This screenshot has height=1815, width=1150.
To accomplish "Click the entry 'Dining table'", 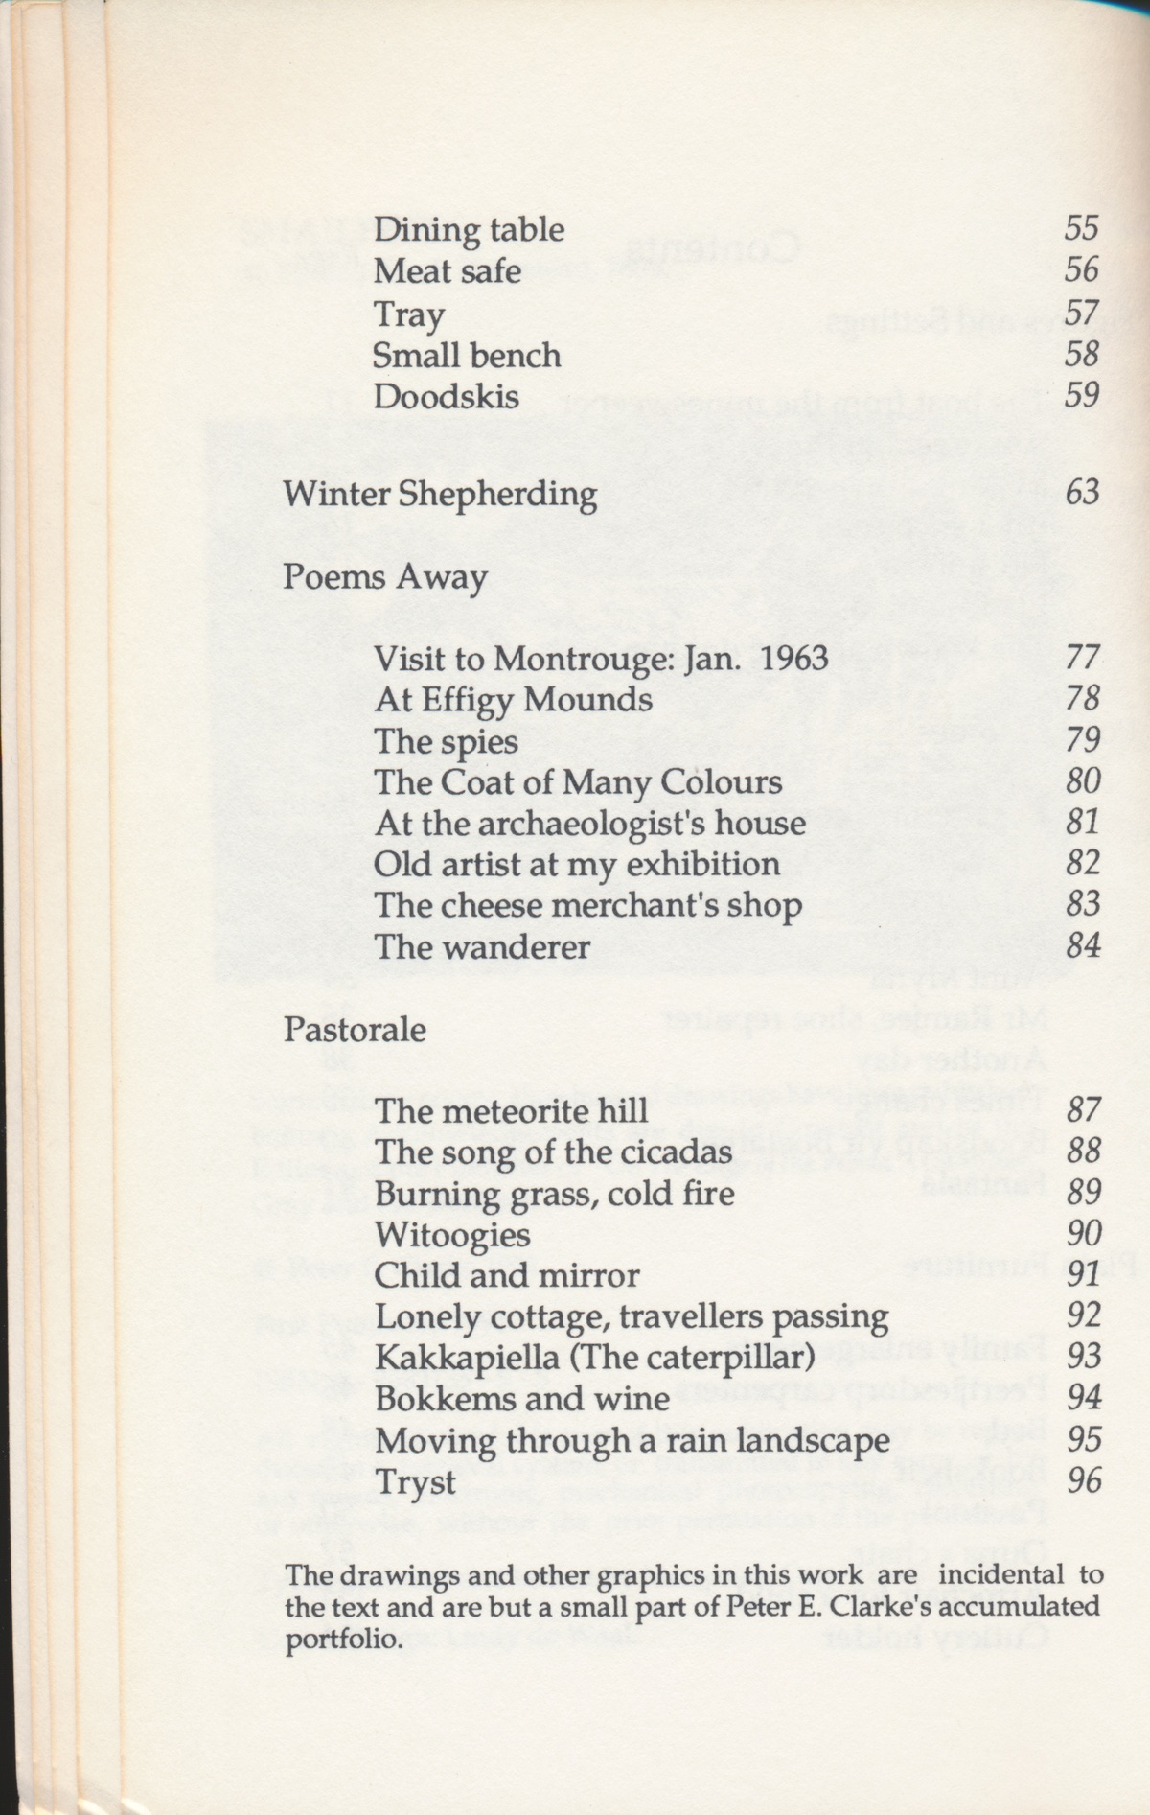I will tap(469, 230).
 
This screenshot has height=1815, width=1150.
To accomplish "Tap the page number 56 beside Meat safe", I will tap(1081, 269).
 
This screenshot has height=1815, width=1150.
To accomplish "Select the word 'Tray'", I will tap(409, 314).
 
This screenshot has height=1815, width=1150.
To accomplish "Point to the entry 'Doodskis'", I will tap(447, 396).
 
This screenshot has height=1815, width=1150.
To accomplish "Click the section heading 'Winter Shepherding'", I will tap(440, 495).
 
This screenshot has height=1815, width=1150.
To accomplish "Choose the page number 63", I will tap(1082, 493).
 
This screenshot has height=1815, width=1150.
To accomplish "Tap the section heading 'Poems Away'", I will tap(385, 578).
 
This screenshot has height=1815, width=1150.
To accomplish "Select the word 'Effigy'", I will tap(468, 701).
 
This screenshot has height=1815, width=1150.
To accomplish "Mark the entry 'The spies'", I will tap(446, 742).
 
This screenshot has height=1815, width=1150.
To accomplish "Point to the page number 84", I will tap(1083, 946).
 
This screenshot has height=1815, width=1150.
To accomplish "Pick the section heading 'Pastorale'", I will tap(355, 1030).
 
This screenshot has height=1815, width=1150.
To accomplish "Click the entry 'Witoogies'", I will tap(452, 1234).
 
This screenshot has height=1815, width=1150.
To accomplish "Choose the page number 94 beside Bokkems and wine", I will tap(1084, 1399).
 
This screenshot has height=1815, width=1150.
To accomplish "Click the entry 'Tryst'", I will tap(415, 1483).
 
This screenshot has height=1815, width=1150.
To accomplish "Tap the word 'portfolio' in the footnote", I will tap(341, 1639).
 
